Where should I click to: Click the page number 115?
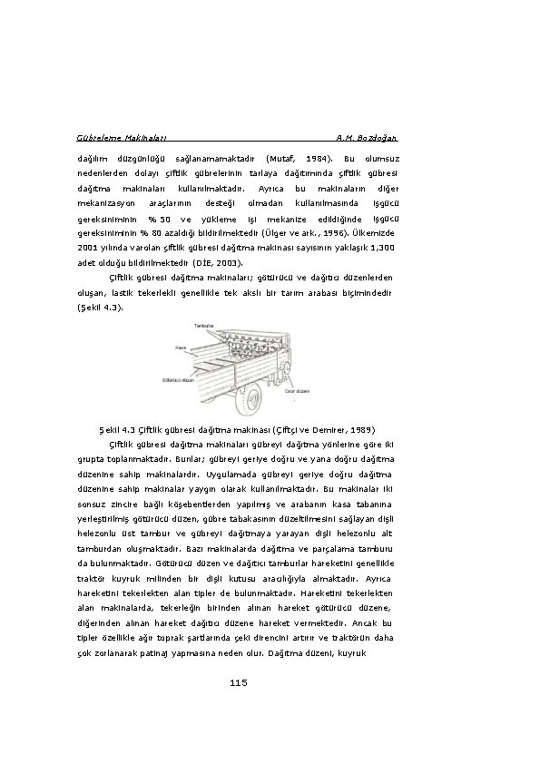[240, 682]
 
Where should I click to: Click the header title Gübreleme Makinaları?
[117, 138]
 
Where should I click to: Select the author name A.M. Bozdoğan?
[366, 138]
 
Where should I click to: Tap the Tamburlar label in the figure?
[204, 325]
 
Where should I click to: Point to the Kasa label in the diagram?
[182, 346]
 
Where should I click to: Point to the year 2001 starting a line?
[89, 247]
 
